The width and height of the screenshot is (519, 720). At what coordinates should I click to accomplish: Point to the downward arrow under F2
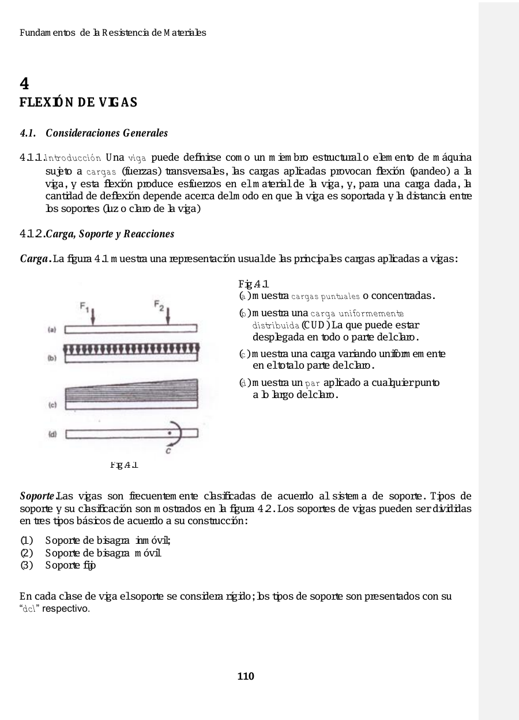167,316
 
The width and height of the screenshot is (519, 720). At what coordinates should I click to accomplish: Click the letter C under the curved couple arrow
167,452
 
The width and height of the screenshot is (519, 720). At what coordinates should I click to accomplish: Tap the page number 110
246,676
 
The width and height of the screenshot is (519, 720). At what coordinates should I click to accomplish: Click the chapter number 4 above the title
24,84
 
